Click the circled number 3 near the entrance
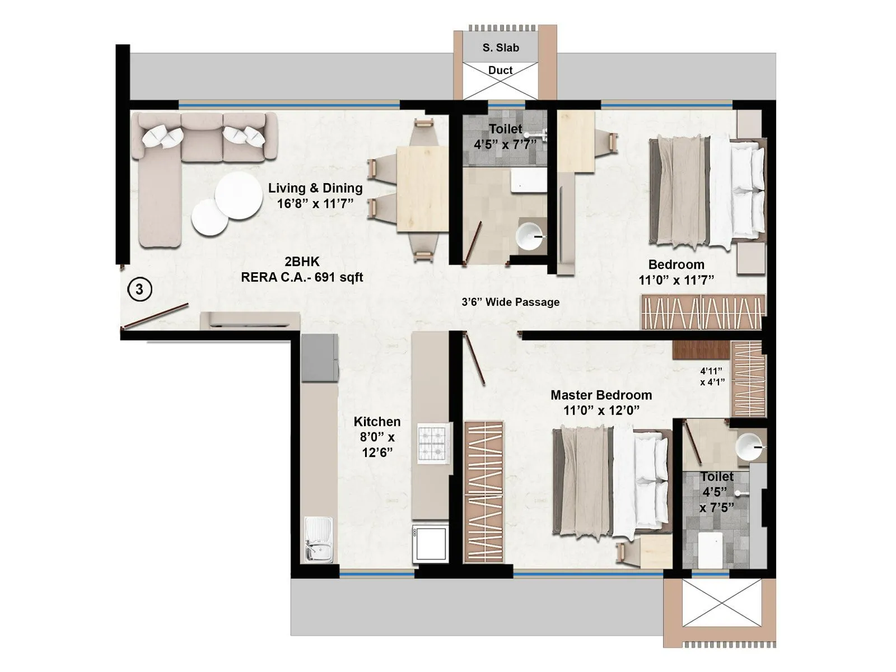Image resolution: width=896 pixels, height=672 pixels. [x=139, y=289]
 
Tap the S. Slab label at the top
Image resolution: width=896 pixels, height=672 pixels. [x=501, y=48]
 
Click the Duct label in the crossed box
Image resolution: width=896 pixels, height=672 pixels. [x=500, y=70]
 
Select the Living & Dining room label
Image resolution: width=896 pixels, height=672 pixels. [x=315, y=195]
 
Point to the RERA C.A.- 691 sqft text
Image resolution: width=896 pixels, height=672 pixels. [x=302, y=277]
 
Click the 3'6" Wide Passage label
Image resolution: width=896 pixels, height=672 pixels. [x=510, y=302]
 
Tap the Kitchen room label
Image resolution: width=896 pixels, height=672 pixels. [x=377, y=437]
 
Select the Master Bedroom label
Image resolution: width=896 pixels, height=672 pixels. [x=601, y=402]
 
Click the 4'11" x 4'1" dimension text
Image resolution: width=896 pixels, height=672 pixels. [x=712, y=376]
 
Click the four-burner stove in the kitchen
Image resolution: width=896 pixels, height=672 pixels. [x=433, y=443]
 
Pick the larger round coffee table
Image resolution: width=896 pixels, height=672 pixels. [x=239, y=195]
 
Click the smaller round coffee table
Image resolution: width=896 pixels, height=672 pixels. [x=210, y=217]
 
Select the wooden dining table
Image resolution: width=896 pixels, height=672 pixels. [x=422, y=189]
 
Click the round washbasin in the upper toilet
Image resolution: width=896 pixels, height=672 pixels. [x=529, y=237]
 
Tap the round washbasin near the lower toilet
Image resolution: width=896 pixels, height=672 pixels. [x=749, y=447]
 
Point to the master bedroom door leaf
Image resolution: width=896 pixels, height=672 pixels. [x=475, y=358]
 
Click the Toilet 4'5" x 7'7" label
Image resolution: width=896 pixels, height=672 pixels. [x=505, y=137]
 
